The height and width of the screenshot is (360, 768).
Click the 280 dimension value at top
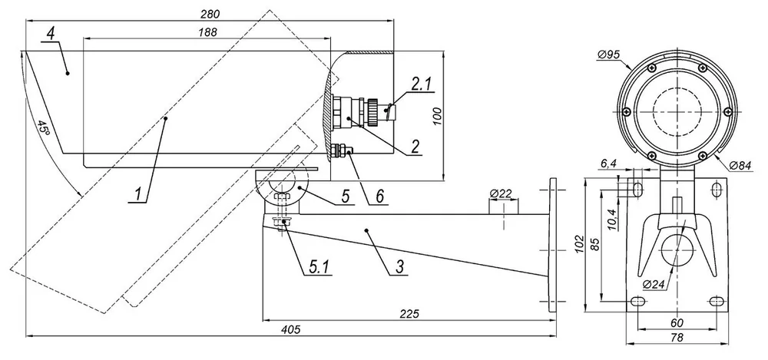click(x=210, y=15)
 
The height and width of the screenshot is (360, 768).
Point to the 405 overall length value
click(x=290, y=329)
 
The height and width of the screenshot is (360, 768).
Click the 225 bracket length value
click(x=409, y=314)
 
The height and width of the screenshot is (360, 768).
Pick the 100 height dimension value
click(x=438, y=116)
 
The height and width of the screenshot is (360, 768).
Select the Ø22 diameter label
click(x=501, y=193)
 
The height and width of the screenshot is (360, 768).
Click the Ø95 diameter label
click(x=609, y=54)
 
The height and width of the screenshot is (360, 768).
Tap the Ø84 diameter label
click(x=740, y=166)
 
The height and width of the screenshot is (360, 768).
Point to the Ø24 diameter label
click(x=654, y=284)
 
